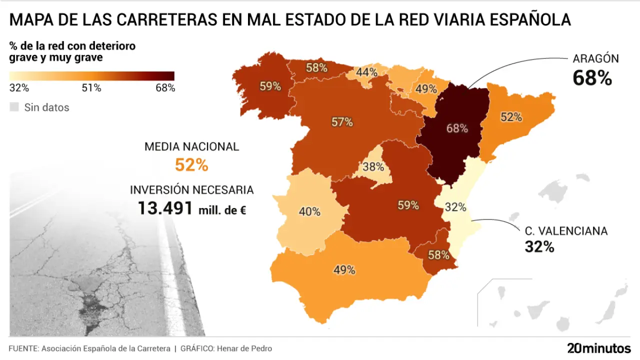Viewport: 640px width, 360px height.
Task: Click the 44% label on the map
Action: (x=367, y=72)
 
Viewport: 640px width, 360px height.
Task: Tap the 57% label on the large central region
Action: (x=342, y=122)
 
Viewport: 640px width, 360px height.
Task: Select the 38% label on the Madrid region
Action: (x=373, y=167)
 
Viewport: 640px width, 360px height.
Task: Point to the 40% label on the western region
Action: (x=309, y=211)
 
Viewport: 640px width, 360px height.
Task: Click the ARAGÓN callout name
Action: (x=595, y=58)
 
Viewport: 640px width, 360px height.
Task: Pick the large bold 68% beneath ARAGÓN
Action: (x=592, y=78)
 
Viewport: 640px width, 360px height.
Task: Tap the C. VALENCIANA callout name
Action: (x=566, y=231)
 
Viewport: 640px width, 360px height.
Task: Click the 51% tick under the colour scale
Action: (x=91, y=88)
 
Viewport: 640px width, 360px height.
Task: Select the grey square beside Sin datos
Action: (x=14, y=107)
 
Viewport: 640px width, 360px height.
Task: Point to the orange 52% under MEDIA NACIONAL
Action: (x=191, y=165)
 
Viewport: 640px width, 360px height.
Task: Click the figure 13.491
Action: (x=165, y=208)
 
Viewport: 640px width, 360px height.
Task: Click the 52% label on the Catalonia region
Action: (x=511, y=117)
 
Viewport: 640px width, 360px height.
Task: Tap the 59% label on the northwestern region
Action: (x=270, y=86)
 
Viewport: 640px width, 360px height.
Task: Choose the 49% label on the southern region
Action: (x=344, y=270)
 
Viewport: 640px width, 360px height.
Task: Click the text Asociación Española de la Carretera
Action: (x=106, y=348)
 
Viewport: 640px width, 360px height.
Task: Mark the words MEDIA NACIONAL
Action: (x=191, y=147)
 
